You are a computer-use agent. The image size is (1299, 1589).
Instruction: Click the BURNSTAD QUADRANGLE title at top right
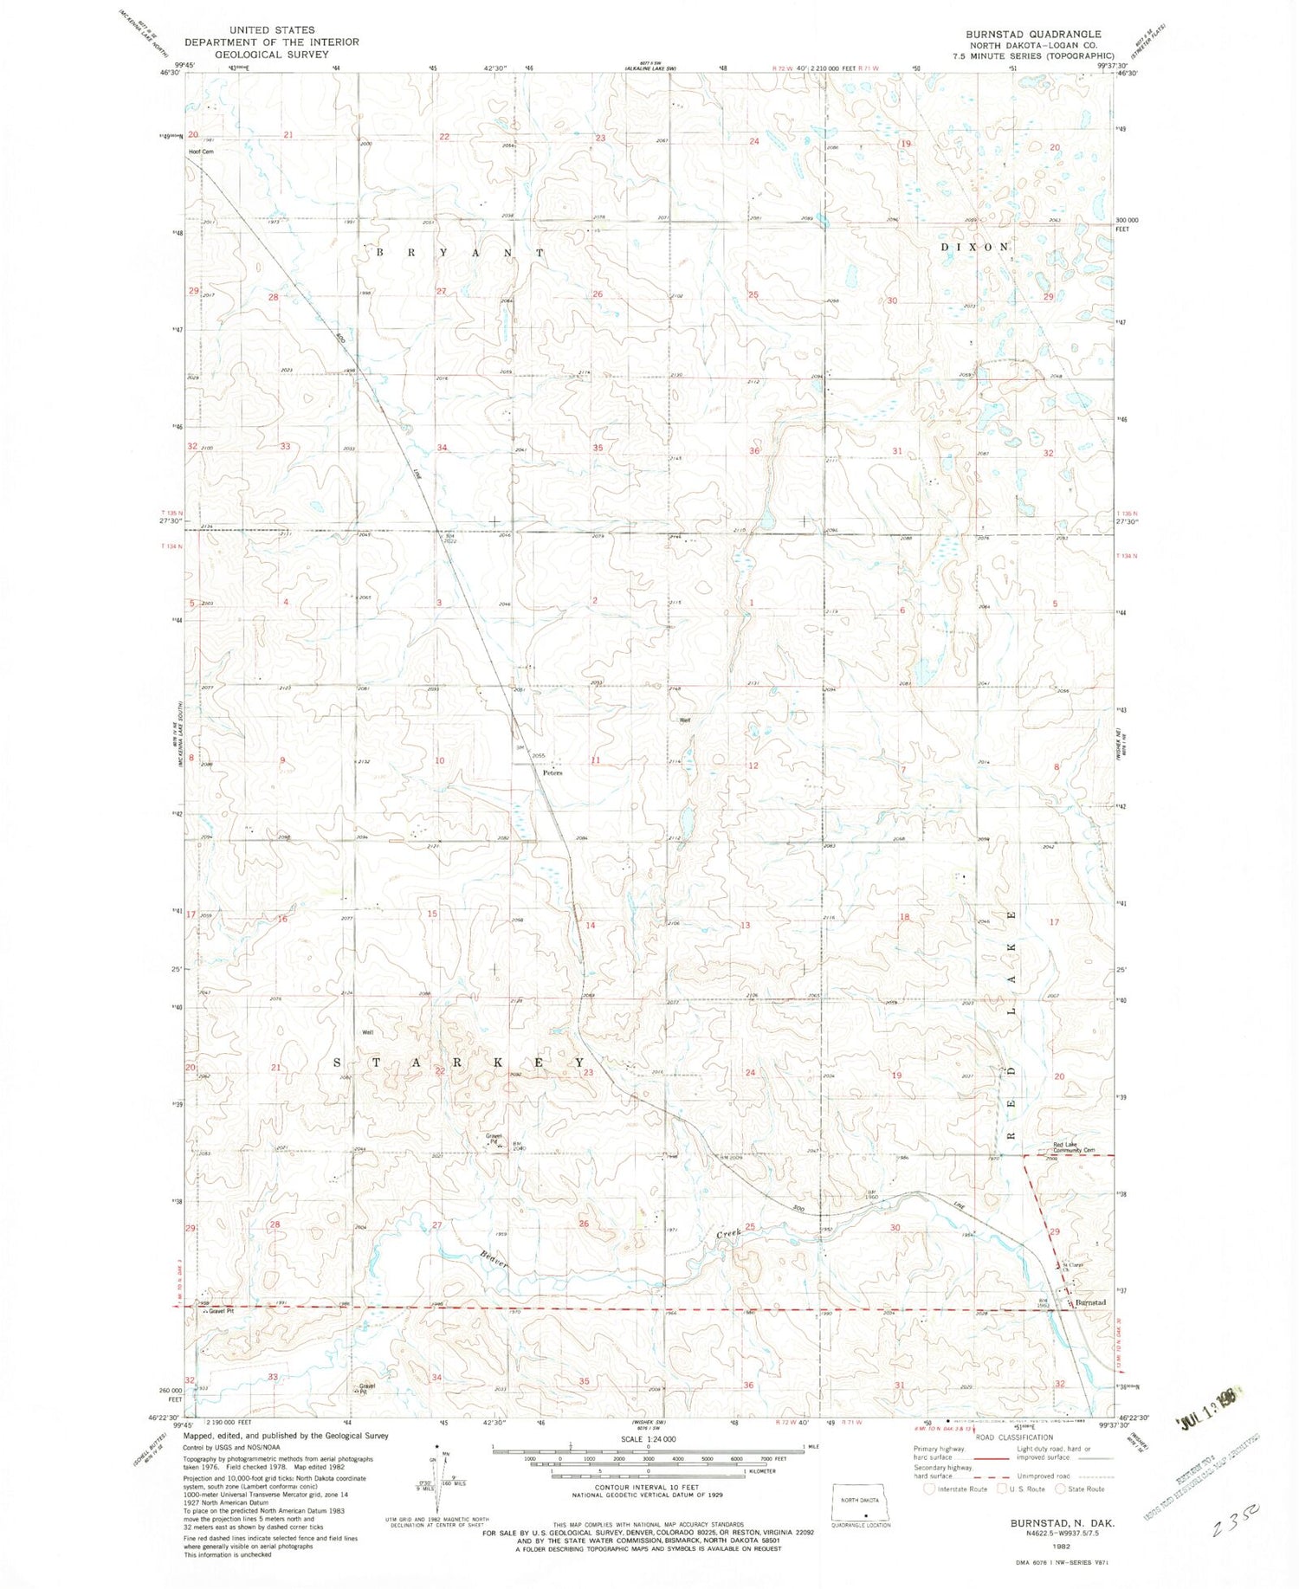click(1033, 34)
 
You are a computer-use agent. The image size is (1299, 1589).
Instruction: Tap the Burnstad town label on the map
click(1091, 1302)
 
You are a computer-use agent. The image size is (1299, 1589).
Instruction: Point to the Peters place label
click(553, 773)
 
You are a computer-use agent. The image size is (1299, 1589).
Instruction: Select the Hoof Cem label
click(202, 152)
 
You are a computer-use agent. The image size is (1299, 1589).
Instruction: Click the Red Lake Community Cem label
click(1074, 1149)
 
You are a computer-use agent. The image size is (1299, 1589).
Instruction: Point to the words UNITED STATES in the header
click(272, 29)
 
